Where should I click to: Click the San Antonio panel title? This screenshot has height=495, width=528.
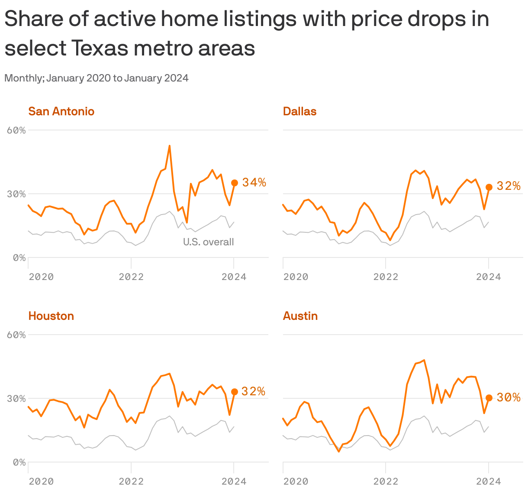click(61, 111)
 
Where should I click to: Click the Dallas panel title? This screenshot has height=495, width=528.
click(299, 111)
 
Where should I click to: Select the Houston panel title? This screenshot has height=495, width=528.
click(51, 316)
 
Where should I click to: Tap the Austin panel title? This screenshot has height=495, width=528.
click(300, 316)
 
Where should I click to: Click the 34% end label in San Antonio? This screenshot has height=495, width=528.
click(254, 182)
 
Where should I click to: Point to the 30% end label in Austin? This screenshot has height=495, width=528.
click(509, 397)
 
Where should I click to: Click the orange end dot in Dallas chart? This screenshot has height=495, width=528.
click(489, 187)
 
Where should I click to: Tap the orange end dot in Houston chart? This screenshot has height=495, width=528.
click(234, 392)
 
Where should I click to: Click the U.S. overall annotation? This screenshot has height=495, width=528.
click(208, 242)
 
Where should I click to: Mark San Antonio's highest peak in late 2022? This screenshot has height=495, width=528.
click(170, 146)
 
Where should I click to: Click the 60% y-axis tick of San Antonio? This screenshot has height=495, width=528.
click(16, 130)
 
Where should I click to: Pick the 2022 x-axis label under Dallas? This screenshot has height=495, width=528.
click(386, 277)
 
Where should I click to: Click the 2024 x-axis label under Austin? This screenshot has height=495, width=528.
click(488, 481)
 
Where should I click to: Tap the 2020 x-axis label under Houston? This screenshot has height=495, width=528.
click(41, 481)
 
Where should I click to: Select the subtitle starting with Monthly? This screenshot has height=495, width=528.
click(97, 78)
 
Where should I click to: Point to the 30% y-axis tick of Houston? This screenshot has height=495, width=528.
click(16, 398)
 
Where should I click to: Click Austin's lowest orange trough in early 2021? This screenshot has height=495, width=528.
click(339, 452)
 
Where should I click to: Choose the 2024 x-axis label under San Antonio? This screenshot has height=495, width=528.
click(234, 277)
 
